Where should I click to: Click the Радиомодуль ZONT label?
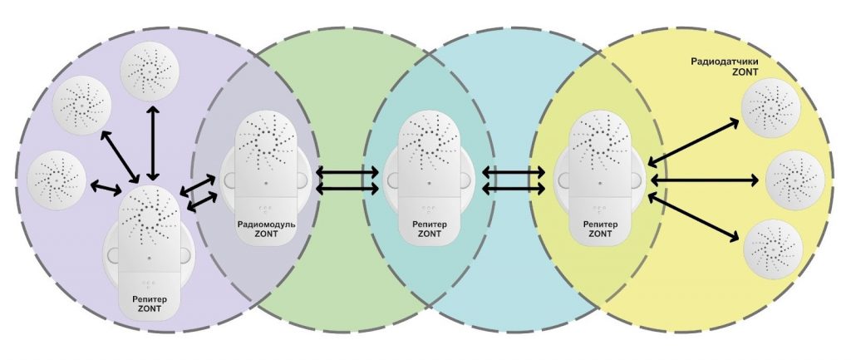coord(266,229)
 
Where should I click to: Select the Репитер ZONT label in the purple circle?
coord(150,304)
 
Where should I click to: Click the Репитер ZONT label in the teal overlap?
coord(430,229)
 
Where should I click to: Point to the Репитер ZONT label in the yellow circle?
coord(600,229)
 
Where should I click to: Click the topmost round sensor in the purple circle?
coord(150,72)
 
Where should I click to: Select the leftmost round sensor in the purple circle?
coord(57,180)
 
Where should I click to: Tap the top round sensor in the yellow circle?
coord(771,107)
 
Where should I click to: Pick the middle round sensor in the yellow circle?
coord(795,180)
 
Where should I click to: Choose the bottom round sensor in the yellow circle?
coord(772,249)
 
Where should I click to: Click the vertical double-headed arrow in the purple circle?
coord(154,143)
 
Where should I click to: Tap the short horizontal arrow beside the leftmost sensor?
coord(106,187)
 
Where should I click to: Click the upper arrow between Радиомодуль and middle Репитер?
coord(347,173)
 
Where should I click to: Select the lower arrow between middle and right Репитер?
coord(514,189)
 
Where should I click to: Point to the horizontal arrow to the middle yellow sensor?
coord(705,180)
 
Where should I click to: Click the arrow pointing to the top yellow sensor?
coord(694,141)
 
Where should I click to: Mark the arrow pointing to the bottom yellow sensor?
coord(694,219)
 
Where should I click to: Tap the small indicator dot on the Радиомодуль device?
coord(266,183)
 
